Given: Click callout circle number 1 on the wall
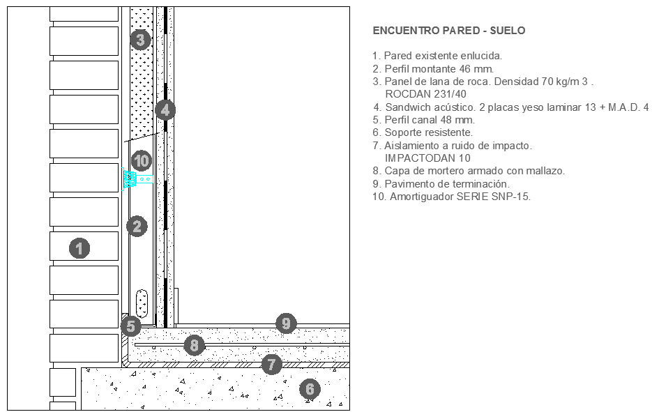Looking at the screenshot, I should [x=79, y=247].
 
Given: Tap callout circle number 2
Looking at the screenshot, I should [x=137, y=226].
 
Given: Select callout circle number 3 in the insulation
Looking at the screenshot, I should [x=140, y=40].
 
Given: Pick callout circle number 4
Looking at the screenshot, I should [x=165, y=109].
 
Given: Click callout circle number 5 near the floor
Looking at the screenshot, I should [x=130, y=325].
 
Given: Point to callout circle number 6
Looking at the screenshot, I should [x=310, y=389].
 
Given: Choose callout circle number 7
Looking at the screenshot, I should [x=271, y=363].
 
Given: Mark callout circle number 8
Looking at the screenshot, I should [x=195, y=344].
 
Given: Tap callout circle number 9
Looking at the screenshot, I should [x=285, y=323].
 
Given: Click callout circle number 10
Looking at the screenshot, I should [x=142, y=160].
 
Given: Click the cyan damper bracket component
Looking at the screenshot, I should [x=130, y=178].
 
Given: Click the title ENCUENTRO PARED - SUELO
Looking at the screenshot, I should [x=449, y=31].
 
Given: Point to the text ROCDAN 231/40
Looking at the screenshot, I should [x=425, y=94].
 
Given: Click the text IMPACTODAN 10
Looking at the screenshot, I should [x=427, y=158].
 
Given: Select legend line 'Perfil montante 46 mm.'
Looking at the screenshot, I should [x=433, y=69].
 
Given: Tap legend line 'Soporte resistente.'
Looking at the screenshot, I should [x=423, y=132].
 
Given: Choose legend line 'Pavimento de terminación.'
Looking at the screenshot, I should [x=441, y=184].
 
